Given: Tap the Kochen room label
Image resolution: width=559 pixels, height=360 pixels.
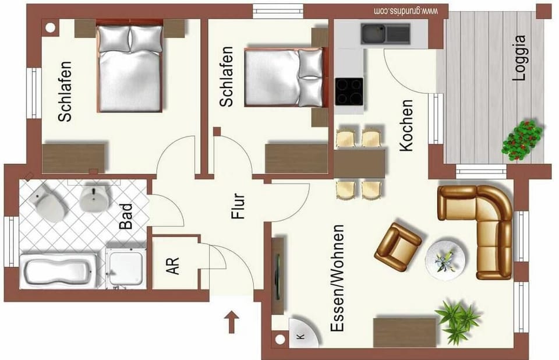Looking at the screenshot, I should [x=406, y=125].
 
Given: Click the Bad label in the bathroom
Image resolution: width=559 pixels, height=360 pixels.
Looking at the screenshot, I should [x=126, y=216].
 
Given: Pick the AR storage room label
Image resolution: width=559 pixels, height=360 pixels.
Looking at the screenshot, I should [x=172, y=266].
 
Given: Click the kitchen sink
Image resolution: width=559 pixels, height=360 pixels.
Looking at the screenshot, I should [x=385, y=34].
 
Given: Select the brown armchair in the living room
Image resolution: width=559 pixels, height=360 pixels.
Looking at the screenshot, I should [x=398, y=242].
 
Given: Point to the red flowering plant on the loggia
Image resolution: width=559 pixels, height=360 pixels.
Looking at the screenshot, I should [x=522, y=140].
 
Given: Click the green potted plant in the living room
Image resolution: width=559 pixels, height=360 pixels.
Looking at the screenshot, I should [x=458, y=320].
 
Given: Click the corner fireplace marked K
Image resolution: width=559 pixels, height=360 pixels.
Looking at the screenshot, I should [x=303, y=333].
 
